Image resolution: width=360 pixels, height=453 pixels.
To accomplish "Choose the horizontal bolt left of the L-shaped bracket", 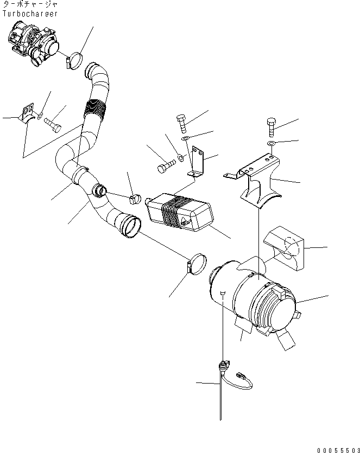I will click(x=164, y=167).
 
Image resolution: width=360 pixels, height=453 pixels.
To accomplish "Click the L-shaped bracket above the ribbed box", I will click(x=199, y=163).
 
